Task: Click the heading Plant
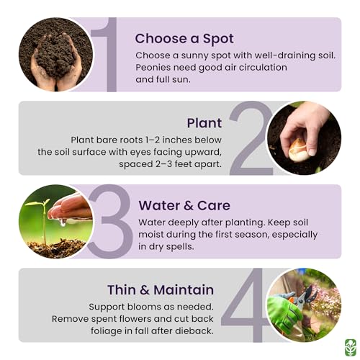[204, 122]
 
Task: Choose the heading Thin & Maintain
[160, 289]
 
